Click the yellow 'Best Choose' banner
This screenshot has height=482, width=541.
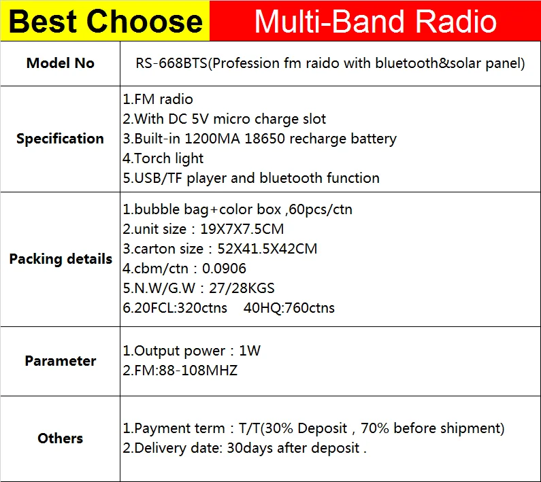pyautogui.click(x=105, y=21)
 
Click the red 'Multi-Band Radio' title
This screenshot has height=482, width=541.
pyautogui.click(x=375, y=21)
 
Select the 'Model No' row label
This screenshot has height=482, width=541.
pyautogui.click(x=61, y=63)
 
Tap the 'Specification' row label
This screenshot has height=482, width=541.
pyautogui.click(x=61, y=139)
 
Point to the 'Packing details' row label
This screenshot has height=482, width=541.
pyautogui.click(x=61, y=259)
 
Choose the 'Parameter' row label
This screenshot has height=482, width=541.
pyautogui.click(x=61, y=361)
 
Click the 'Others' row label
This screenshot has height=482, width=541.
pyautogui.click(x=61, y=438)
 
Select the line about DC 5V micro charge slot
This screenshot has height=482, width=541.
pyautogui.click(x=225, y=119)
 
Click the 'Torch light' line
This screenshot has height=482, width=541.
pyautogui.click(x=163, y=158)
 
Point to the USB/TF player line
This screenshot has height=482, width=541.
pyautogui.click(x=251, y=178)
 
